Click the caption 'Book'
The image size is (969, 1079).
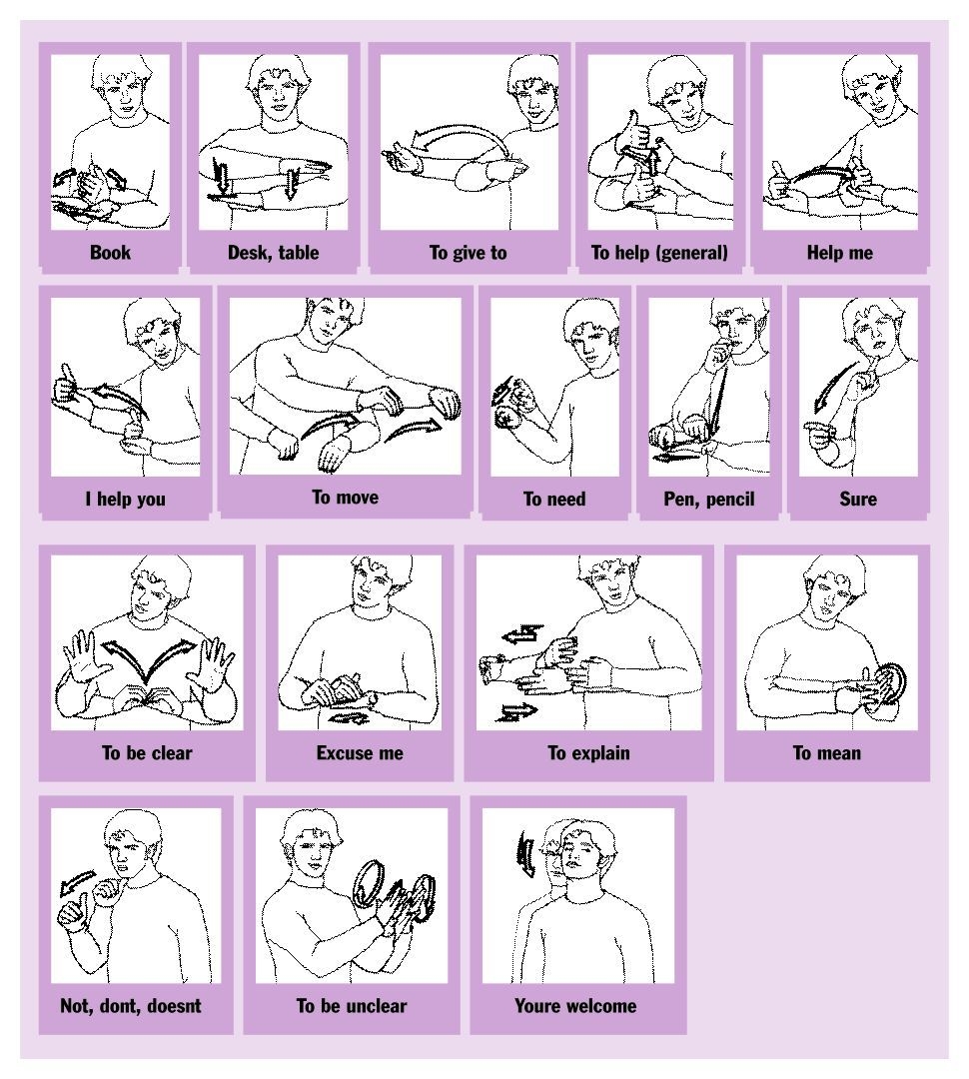110,253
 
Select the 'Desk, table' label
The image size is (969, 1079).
273,253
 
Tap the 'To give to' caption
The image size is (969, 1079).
469,253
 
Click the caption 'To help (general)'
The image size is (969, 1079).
659,253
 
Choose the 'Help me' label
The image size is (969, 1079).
839,253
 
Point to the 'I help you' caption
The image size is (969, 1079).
124,500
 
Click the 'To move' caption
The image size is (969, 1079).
346,498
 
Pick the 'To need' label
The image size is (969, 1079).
554,500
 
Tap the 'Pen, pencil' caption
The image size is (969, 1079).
709,500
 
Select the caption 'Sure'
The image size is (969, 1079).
858,500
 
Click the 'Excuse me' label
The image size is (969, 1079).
360,753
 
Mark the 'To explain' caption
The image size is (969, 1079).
588,753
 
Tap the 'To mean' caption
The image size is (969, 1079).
826,753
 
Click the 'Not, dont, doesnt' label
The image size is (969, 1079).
131,1006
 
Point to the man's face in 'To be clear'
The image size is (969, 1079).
149,597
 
